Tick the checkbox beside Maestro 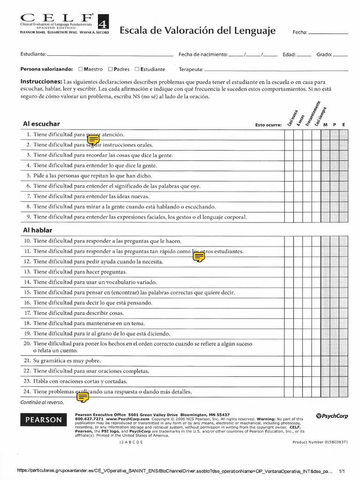(81, 69)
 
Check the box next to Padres (111, 69)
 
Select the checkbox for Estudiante (137, 69)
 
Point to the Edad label (289, 55)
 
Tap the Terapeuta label (191, 69)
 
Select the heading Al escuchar (41, 124)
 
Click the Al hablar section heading (37, 230)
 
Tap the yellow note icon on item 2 (93, 139)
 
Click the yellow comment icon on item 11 (199, 256)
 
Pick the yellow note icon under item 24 (82, 397)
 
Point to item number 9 (29, 217)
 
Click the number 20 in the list (27, 344)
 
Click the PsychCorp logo (332, 416)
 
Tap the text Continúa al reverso (42, 402)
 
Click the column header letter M (325, 125)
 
